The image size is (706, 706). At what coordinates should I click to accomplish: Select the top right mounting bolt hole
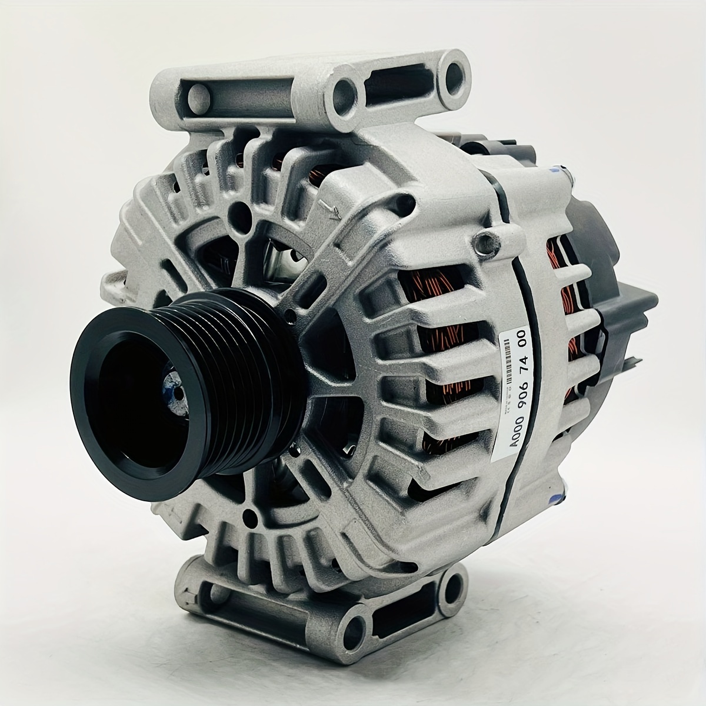455,74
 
